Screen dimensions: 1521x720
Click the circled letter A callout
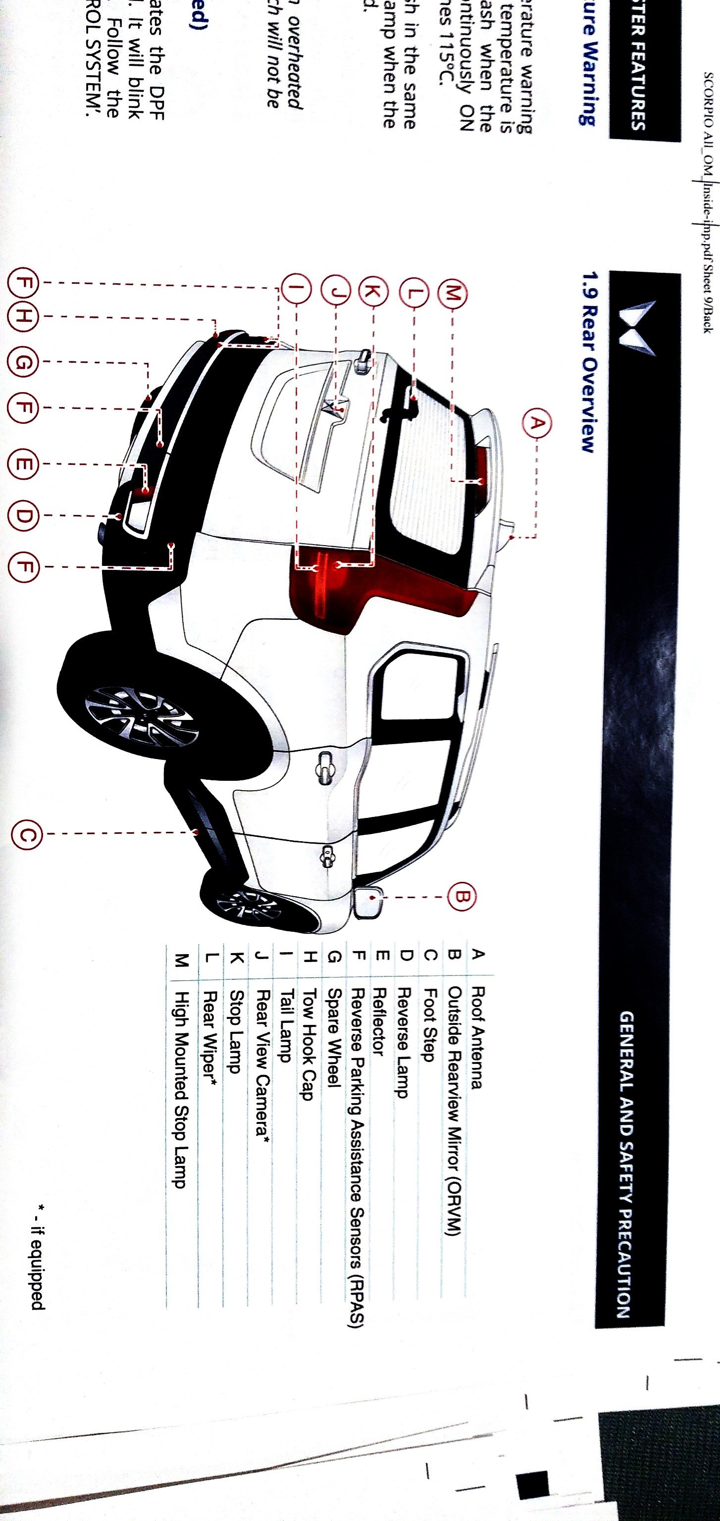[536, 424]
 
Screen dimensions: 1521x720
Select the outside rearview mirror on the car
[367, 901]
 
